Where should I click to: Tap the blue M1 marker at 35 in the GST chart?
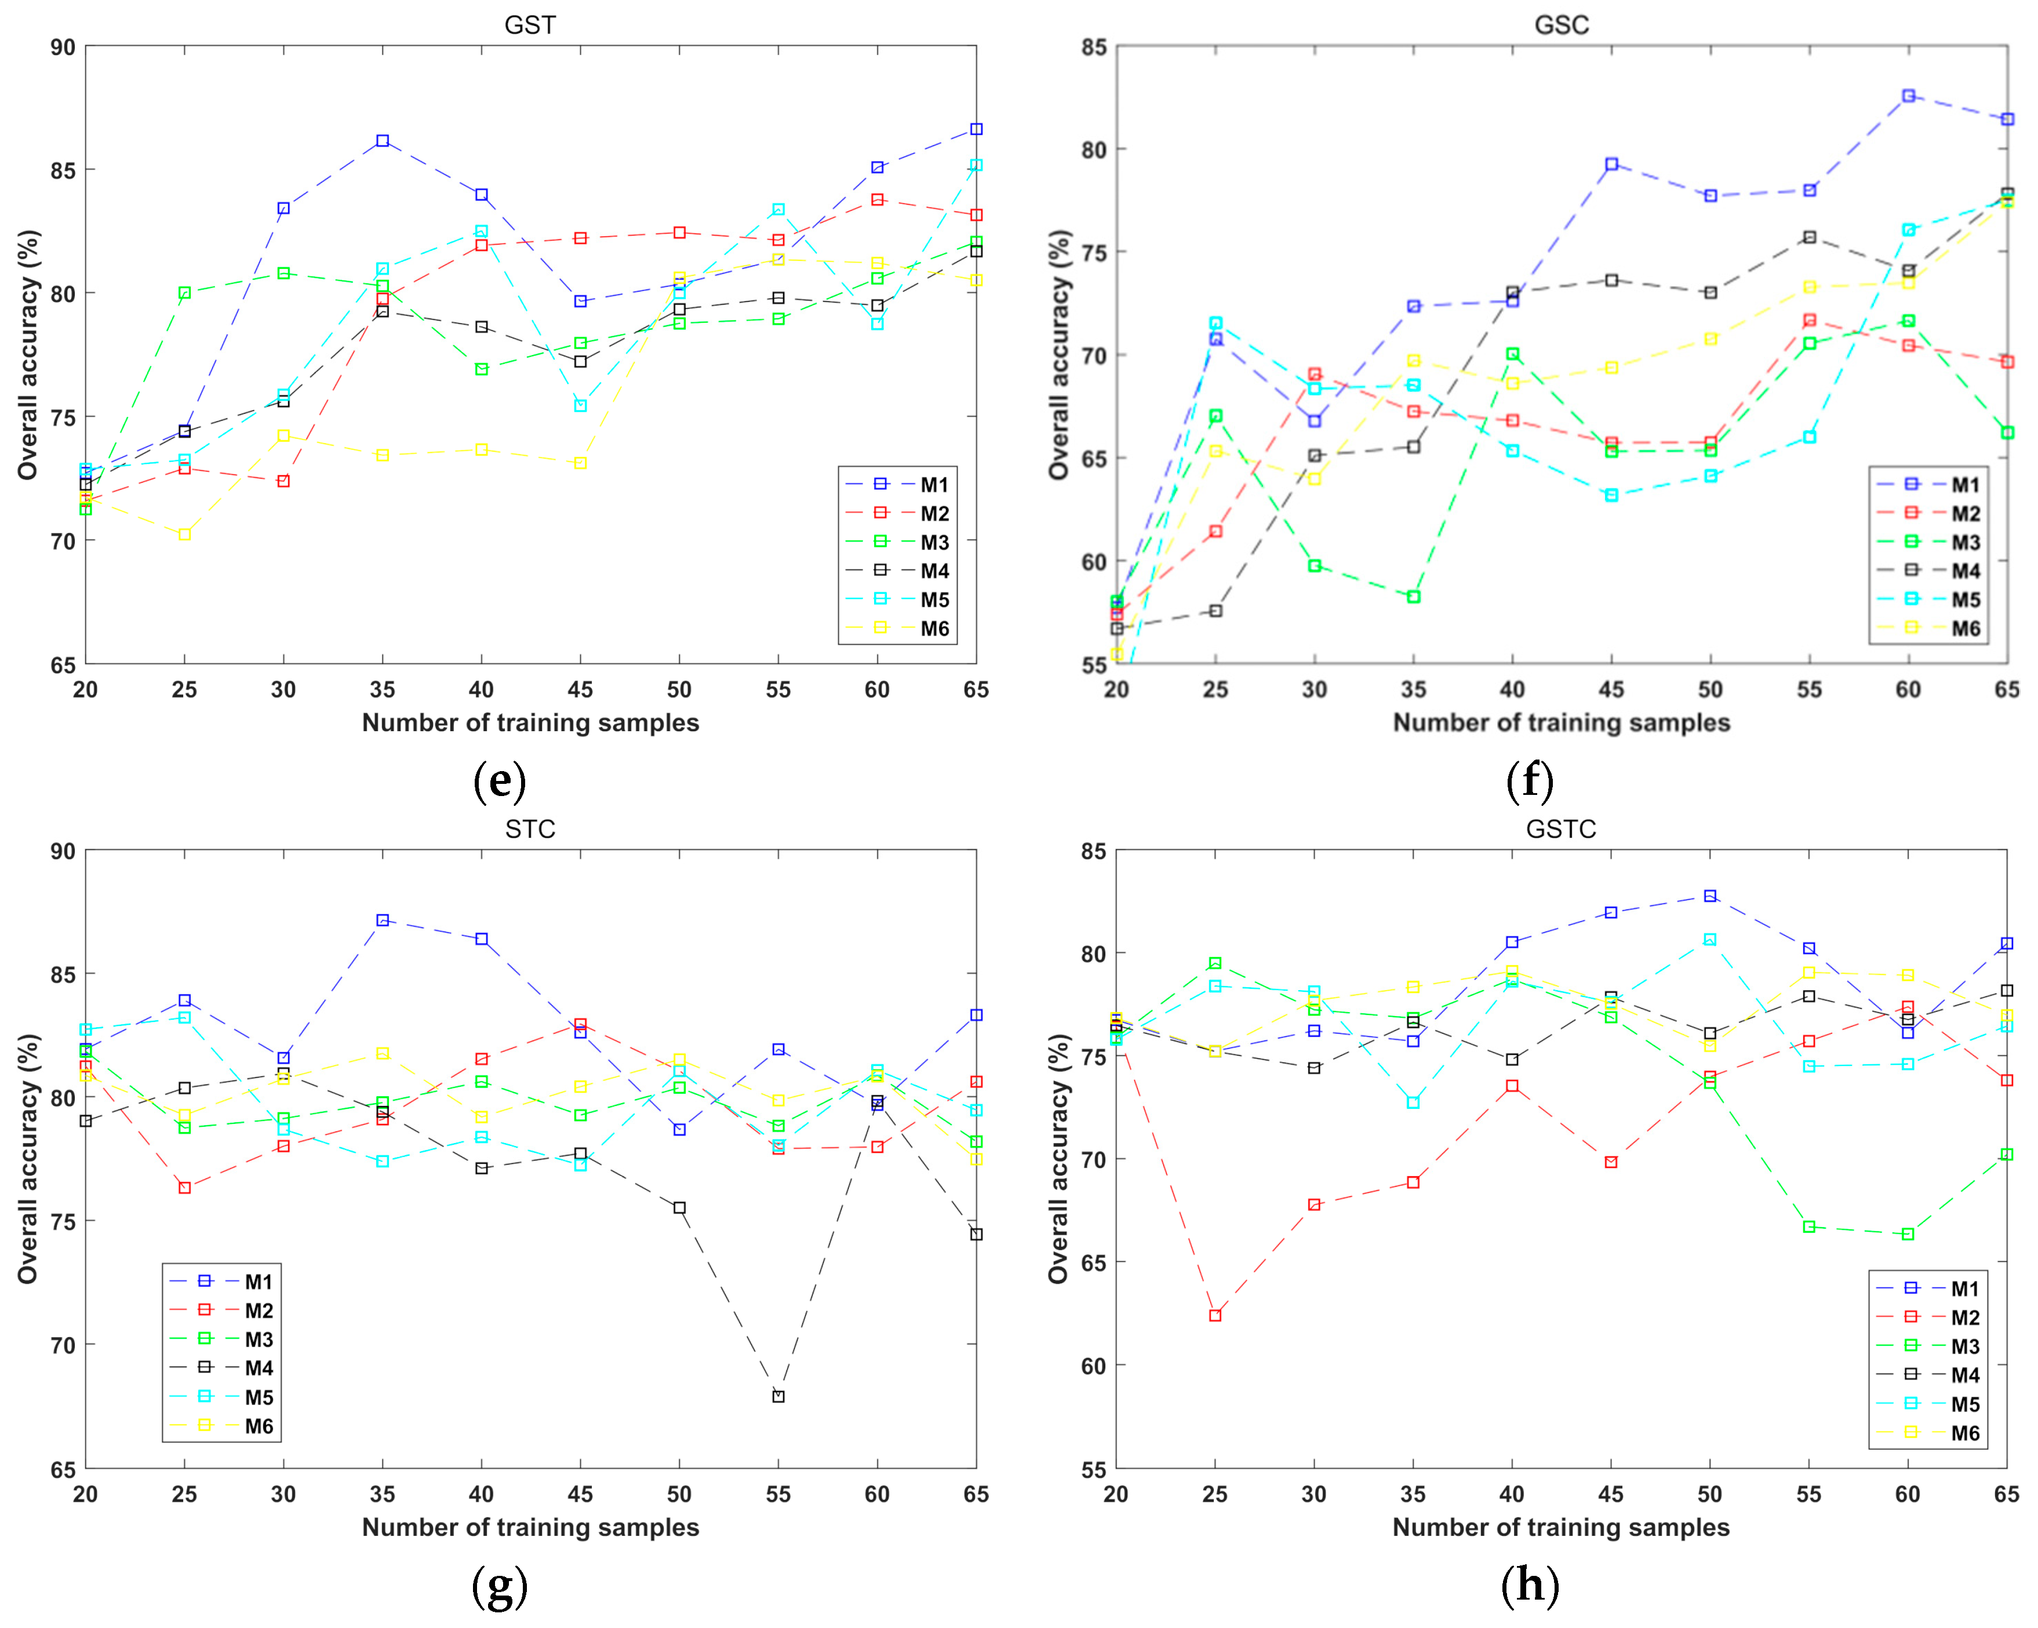(382, 141)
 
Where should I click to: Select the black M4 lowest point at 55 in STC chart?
(778, 1396)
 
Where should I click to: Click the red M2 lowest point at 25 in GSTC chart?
(1215, 1315)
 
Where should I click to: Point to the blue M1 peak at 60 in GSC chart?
(1908, 96)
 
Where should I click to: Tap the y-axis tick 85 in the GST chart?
(63, 171)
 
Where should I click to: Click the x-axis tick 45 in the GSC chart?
(1611, 690)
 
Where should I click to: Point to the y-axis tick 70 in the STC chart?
(63, 1345)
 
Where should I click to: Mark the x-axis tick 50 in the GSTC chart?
(1709, 1494)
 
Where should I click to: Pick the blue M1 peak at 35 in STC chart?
(382, 920)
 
